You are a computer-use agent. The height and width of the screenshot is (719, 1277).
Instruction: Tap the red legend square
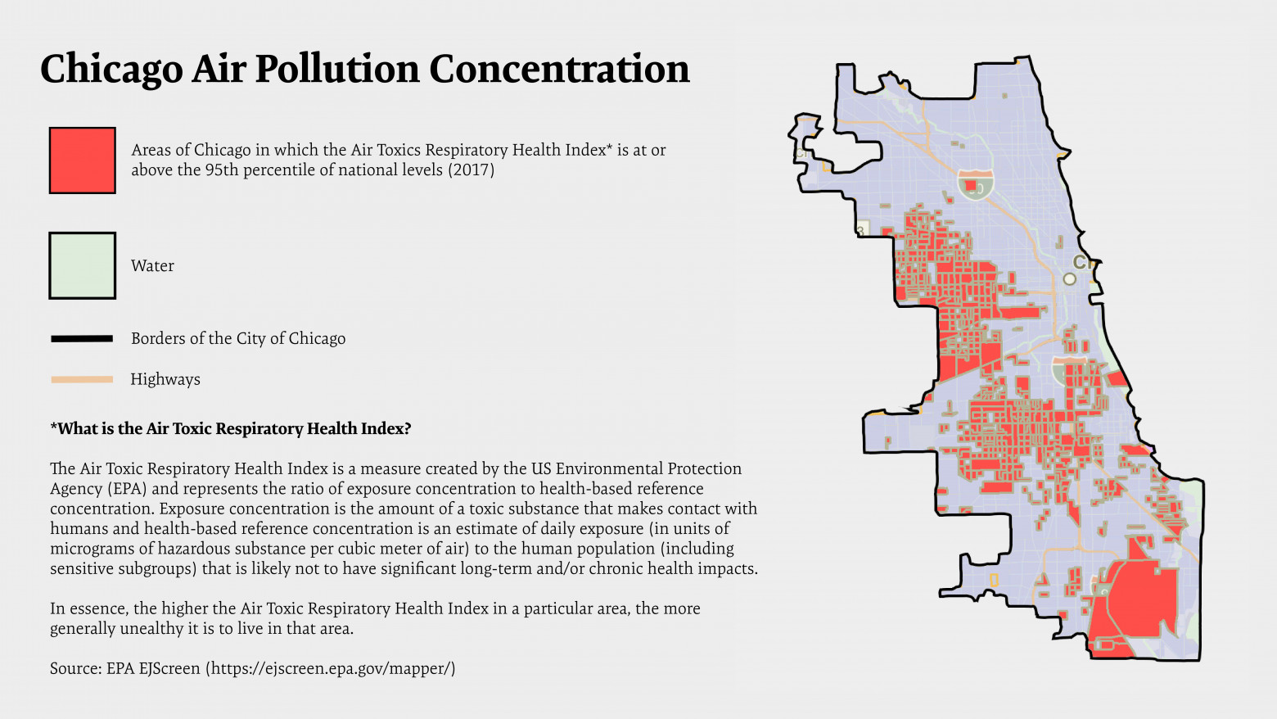82,161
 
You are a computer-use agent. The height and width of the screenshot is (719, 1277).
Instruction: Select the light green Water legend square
82,265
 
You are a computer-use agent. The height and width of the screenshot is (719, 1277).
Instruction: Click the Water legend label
152,266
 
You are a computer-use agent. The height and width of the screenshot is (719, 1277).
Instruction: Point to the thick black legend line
82,338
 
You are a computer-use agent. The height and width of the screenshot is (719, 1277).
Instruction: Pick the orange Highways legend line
82,379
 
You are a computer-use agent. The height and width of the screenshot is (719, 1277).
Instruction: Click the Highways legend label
165,379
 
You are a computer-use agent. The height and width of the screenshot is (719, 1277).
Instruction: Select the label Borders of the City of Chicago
238,339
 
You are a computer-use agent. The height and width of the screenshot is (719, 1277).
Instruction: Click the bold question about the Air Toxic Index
230,428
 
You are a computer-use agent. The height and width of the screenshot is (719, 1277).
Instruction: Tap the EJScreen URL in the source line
330,668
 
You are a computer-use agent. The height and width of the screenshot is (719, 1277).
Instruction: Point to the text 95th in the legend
223,170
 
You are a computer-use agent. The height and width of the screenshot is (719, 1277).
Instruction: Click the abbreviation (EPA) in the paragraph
126,489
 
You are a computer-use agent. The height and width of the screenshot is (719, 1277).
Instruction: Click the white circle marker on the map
1069,279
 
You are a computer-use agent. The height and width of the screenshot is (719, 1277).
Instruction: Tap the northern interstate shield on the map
976,184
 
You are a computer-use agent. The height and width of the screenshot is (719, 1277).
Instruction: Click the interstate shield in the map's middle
1069,370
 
